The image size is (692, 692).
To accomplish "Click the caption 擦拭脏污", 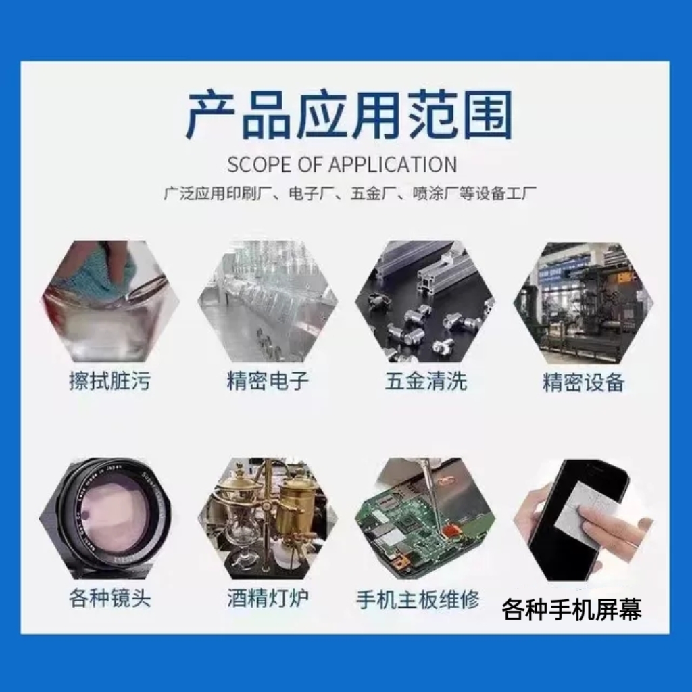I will coord(109,381).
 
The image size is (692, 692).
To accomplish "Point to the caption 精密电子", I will coord(268,381).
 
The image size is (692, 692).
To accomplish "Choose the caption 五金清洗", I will coord(426,381).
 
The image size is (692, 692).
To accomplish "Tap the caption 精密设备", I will coord(584,382).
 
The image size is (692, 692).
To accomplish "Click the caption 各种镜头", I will coord(109,598).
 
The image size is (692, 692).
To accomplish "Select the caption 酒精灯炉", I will coord(268,598).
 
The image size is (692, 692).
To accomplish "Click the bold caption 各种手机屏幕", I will coord(572,610).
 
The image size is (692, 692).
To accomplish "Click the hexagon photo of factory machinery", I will coord(583,301).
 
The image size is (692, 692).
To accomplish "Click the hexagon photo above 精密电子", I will coord(268,301).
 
